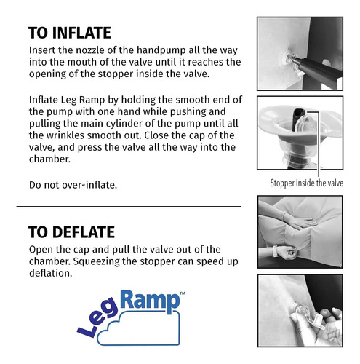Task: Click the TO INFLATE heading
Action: tap(70, 33)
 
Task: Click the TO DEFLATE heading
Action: tap(71, 232)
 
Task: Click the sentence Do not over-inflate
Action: tap(73, 185)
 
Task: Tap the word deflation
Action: tap(51, 273)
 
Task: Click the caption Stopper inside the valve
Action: tap(307, 183)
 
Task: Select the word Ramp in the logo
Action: tap(150, 301)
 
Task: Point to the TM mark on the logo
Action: tap(183, 293)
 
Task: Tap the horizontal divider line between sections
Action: tap(129, 207)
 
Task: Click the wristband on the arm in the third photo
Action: tap(276, 251)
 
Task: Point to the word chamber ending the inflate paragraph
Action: tap(49, 159)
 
